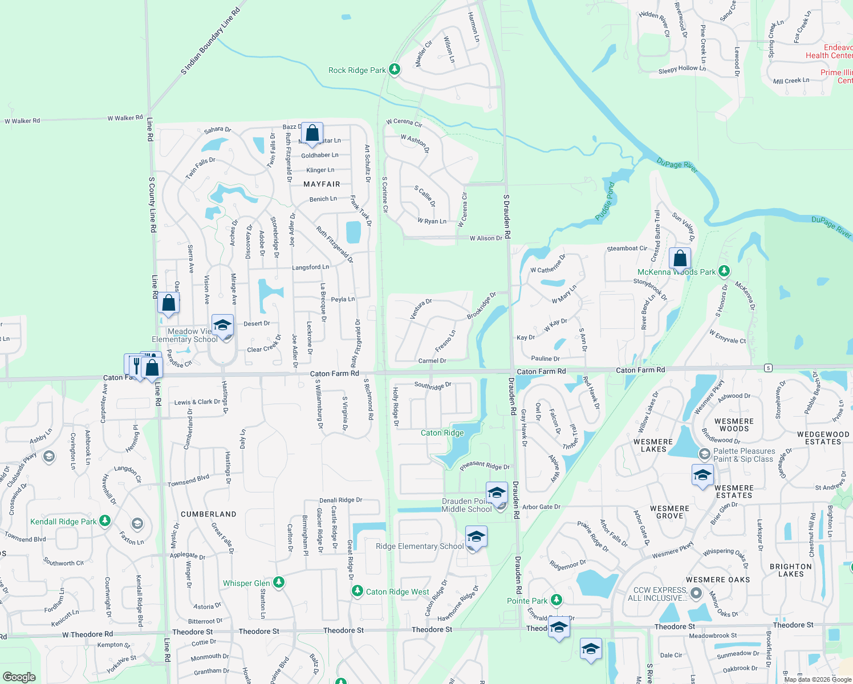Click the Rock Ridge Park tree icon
(x=394, y=70)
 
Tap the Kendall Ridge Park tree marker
(x=104, y=521)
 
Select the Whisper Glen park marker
(x=279, y=583)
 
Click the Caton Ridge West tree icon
(x=358, y=591)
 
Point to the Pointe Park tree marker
(x=557, y=600)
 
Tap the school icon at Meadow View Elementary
(x=222, y=326)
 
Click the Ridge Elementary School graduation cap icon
(x=476, y=537)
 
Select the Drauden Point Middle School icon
(x=497, y=493)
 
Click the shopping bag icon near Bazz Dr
(x=312, y=134)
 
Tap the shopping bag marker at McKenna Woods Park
(x=680, y=259)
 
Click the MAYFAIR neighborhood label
(x=322, y=184)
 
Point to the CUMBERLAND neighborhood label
(x=209, y=514)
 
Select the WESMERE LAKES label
(x=653, y=445)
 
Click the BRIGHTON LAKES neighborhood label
(x=791, y=570)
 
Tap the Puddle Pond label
(x=605, y=201)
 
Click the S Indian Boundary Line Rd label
(x=210, y=42)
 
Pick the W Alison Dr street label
(x=486, y=238)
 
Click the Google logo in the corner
(x=19, y=677)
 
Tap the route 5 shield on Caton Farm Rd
(x=769, y=368)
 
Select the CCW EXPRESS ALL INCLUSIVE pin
(x=696, y=594)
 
